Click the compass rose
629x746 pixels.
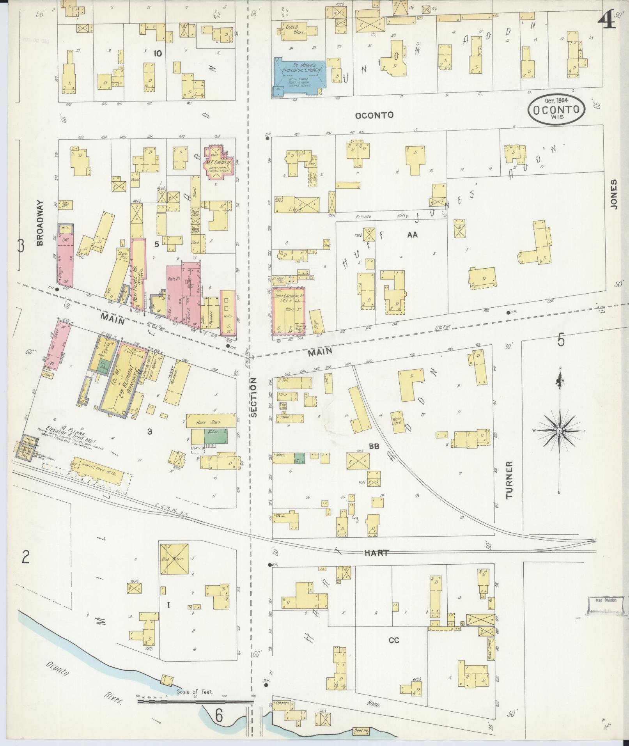tap(560, 430)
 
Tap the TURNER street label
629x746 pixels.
tap(509, 480)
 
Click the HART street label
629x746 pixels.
tap(377, 553)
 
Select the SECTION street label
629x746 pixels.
tap(254, 397)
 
